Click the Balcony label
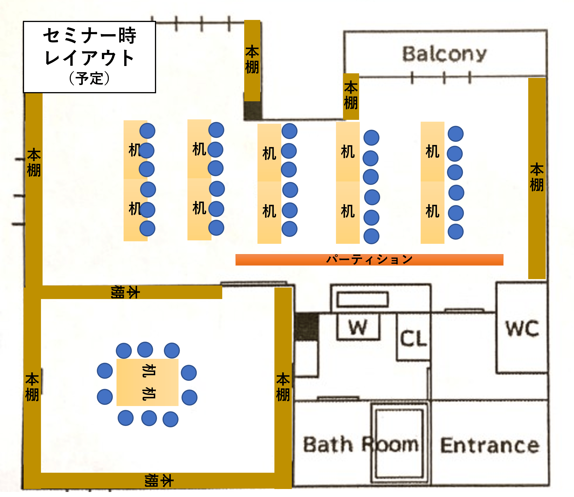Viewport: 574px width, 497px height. pos(444,54)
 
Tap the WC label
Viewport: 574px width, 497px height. pos(522,328)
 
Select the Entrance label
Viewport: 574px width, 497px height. pos(490,446)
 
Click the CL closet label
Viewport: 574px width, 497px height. pos(413,338)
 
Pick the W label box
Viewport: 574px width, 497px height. pos(358,327)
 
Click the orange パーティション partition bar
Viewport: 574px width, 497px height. pos(369,260)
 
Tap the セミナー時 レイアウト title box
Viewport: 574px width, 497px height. pos(89,57)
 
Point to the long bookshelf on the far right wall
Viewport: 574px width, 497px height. pos(537,178)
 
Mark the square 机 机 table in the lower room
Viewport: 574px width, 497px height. pos(147,382)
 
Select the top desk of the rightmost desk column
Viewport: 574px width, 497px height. pos(432,151)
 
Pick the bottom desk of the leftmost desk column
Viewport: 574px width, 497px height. pos(135,210)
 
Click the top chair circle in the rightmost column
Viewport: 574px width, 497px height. pos(455,134)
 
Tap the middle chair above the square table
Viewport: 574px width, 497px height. pos(145,349)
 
